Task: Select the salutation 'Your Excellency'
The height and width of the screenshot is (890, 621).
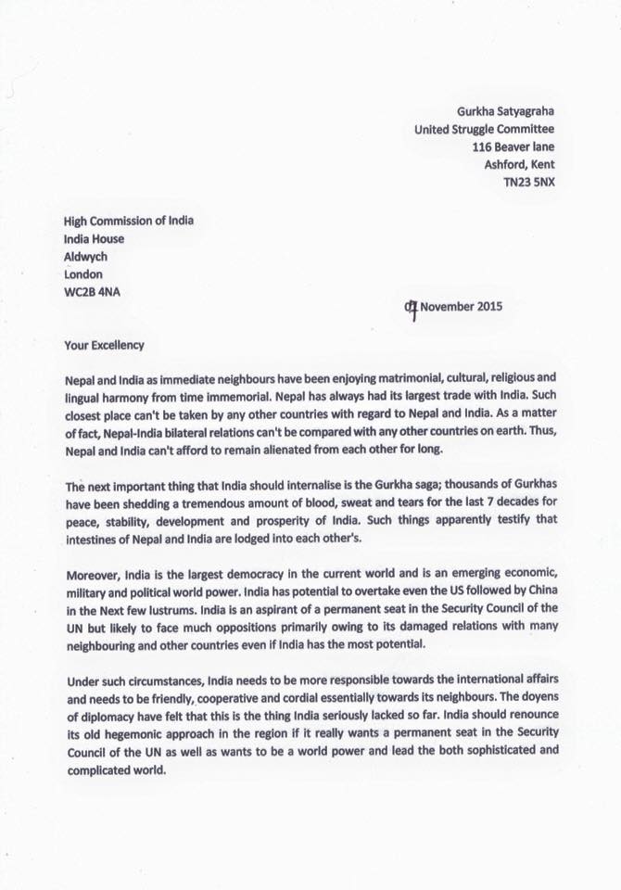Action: (104, 345)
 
